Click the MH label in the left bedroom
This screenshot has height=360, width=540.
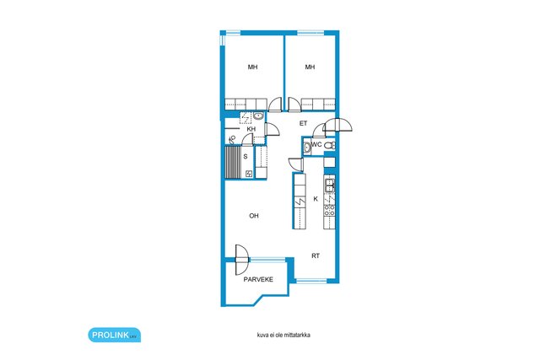(x=253, y=67)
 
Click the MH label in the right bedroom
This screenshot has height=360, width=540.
(x=310, y=67)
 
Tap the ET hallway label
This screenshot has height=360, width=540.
(x=303, y=123)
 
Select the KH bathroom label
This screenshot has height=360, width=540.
(x=251, y=129)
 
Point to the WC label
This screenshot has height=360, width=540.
(x=317, y=144)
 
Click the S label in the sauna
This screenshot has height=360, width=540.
(x=246, y=157)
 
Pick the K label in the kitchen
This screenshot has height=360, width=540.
(x=316, y=199)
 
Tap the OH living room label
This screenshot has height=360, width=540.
(x=254, y=216)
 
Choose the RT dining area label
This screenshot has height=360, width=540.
(x=316, y=256)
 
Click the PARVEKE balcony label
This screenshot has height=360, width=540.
(x=258, y=279)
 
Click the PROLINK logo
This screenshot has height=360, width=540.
(x=115, y=335)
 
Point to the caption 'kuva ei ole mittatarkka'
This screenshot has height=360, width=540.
(x=283, y=335)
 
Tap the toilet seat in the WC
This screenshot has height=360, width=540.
(x=330, y=145)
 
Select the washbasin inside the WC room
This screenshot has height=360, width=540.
(x=307, y=148)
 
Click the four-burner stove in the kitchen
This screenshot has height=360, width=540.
(x=329, y=210)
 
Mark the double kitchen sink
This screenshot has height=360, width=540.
(x=330, y=185)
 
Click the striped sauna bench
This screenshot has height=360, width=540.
(x=233, y=162)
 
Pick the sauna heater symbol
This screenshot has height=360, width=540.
(x=249, y=174)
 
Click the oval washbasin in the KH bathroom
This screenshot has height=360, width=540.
(x=258, y=116)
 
